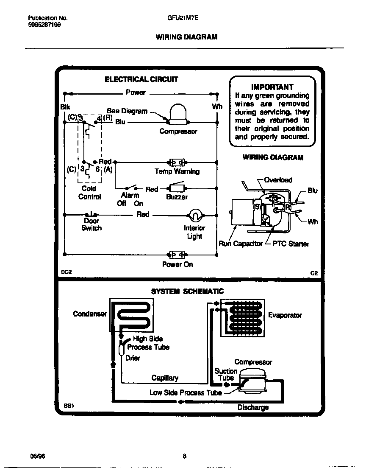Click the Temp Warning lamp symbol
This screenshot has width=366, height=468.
tap(176, 163)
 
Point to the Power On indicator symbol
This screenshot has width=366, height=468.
tap(177, 255)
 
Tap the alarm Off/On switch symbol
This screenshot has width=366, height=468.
tap(130, 188)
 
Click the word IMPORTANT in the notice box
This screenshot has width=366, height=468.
tap(272, 87)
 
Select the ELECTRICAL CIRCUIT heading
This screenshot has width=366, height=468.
tap(141, 79)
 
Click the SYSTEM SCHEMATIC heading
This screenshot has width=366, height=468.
tap(188, 291)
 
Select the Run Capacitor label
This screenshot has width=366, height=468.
tap(241, 244)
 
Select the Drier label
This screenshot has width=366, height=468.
tap(133, 358)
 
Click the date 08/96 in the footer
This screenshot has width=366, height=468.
tap(37, 457)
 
